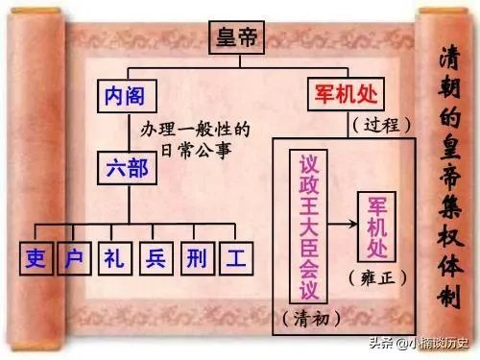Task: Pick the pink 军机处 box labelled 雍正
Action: pos(374,227)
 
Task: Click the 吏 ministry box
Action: pos(36,258)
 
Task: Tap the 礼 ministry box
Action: pos(115,258)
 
